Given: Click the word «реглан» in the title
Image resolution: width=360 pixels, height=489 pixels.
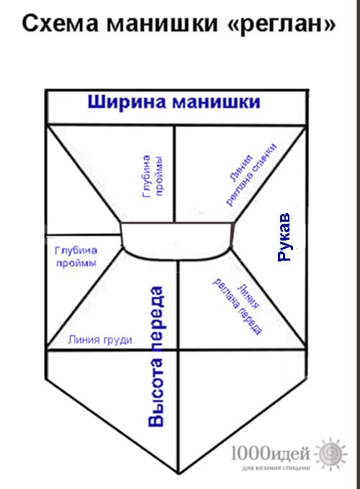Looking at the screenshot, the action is pyautogui.click(x=282, y=24).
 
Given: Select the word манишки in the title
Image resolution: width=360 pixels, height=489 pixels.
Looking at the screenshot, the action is pyautogui.click(x=162, y=23).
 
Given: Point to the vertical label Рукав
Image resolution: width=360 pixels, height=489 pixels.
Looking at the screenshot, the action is pyautogui.click(x=284, y=238).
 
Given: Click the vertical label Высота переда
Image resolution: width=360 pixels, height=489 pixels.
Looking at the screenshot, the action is pyautogui.click(x=156, y=356).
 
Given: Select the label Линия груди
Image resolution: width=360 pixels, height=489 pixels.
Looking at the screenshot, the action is pyautogui.click(x=100, y=340).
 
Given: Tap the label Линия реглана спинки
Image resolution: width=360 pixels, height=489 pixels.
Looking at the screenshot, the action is pyautogui.click(x=251, y=174).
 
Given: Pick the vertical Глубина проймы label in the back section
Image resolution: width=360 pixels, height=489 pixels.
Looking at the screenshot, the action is pyautogui.click(x=153, y=176).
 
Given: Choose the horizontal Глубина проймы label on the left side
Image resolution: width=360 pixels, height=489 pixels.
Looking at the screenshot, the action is pyautogui.click(x=76, y=256).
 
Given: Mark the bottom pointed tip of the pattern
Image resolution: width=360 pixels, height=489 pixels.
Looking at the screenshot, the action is pyautogui.click(x=179, y=473).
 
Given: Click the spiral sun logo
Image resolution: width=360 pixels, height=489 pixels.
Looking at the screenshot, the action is pyautogui.click(x=330, y=454).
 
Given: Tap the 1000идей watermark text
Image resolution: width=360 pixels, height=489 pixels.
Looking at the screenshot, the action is pyautogui.click(x=271, y=453).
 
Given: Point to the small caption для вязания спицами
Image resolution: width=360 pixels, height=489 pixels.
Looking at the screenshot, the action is pyautogui.click(x=276, y=467).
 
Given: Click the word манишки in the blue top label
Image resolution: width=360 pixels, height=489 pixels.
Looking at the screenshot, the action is pyautogui.click(x=216, y=102).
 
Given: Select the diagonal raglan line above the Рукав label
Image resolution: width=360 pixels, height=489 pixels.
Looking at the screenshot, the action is pyautogui.click(x=270, y=175).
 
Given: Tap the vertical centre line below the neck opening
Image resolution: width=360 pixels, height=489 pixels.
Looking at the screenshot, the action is pyautogui.click(x=179, y=366).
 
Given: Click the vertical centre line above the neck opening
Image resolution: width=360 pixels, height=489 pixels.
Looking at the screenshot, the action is pyautogui.click(x=174, y=174).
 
